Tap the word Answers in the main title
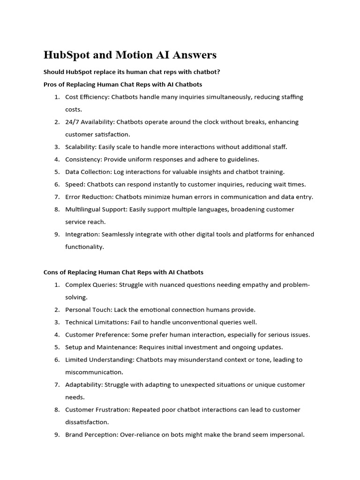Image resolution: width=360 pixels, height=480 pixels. point(193,55)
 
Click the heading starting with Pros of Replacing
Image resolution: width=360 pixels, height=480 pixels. point(123,84)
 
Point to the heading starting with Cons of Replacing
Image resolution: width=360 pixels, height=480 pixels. point(123,272)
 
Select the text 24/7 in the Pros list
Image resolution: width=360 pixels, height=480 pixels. point(73,122)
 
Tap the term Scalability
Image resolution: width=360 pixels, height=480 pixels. point(80,147)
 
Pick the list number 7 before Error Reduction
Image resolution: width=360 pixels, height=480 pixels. point(57,197)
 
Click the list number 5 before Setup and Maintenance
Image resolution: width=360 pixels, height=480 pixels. point(57,347)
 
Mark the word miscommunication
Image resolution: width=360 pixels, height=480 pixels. point(94,372)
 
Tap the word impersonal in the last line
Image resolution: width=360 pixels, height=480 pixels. point(286,435)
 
